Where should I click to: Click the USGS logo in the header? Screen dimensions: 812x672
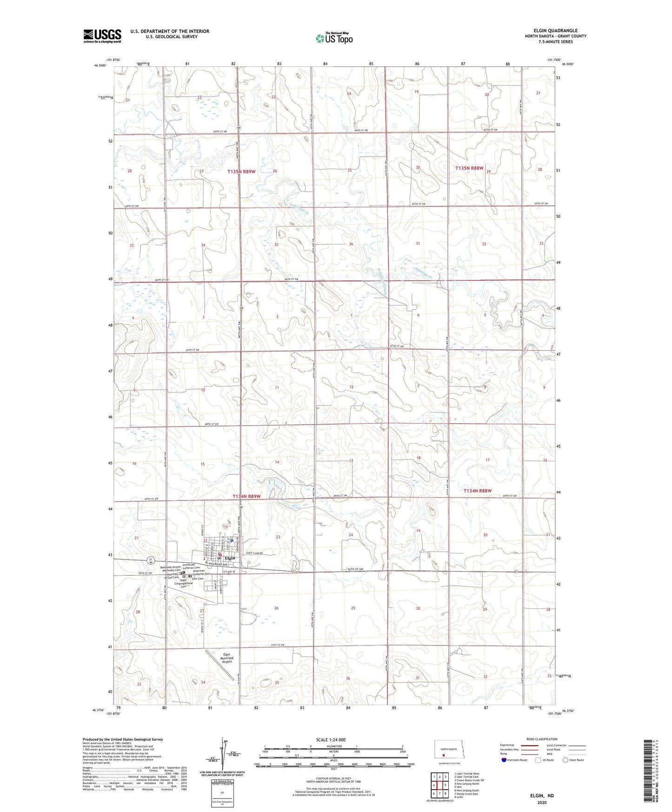coord(102,36)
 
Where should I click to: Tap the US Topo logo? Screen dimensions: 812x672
coord(334,38)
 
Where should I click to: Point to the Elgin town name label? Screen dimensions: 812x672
coord(230,558)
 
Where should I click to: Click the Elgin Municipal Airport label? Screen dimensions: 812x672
coord(227,658)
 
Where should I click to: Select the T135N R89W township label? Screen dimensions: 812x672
coord(241,172)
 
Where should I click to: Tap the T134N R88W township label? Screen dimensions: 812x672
coord(478,491)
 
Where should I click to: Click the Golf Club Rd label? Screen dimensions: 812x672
coord(255,553)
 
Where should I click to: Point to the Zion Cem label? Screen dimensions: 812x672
coord(198,579)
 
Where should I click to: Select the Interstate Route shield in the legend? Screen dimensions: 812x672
coord(505,760)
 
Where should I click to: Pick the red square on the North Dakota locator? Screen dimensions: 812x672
coord(443,755)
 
